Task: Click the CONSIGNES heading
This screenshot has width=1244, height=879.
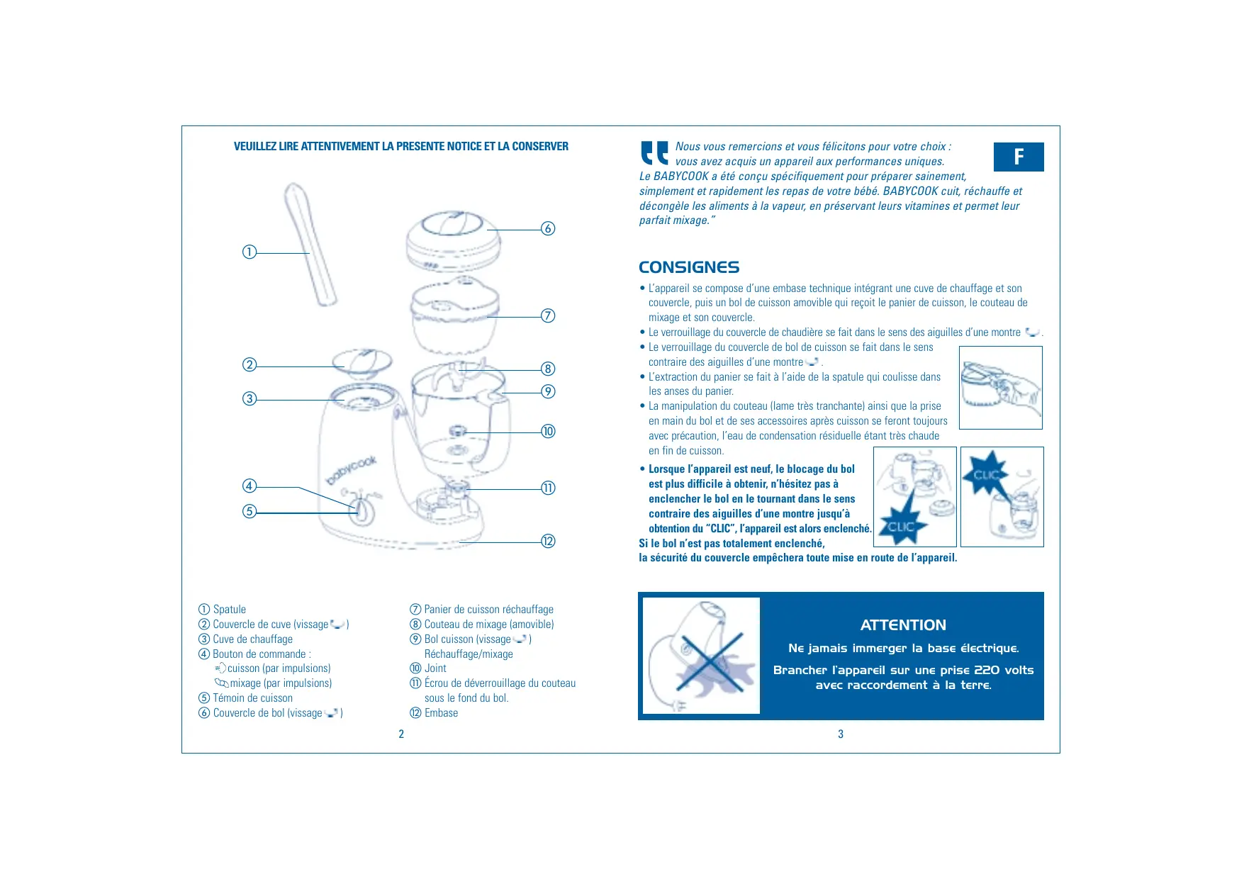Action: tap(688, 267)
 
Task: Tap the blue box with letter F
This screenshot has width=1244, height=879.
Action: tap(1018, 157)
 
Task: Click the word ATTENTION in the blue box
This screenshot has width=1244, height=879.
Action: tap(902, 625)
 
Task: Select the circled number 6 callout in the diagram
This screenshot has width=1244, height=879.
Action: tap(548, 228)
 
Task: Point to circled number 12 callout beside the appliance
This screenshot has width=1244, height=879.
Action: tap(548, 541)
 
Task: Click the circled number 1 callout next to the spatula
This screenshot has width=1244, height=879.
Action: tap(250, 252)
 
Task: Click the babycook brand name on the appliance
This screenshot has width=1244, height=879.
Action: tap(351, 471)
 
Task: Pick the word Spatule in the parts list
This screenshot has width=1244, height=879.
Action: tap(230, 609)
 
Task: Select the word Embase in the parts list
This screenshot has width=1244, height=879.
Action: tap(441, 712)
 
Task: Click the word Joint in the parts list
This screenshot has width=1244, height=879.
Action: tap(435, 668)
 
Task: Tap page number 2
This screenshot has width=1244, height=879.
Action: tap(401, 734)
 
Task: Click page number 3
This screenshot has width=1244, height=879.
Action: tap(841, 734)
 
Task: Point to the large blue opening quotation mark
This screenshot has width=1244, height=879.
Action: tap(654, 152)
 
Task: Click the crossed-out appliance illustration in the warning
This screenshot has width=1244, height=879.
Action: tap(700, 655)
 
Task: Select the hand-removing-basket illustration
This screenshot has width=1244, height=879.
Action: tap(1000, 387)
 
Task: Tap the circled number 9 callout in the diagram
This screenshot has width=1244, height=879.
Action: tap(548, 391)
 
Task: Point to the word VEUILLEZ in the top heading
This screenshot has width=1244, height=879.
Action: tap(255, 146)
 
